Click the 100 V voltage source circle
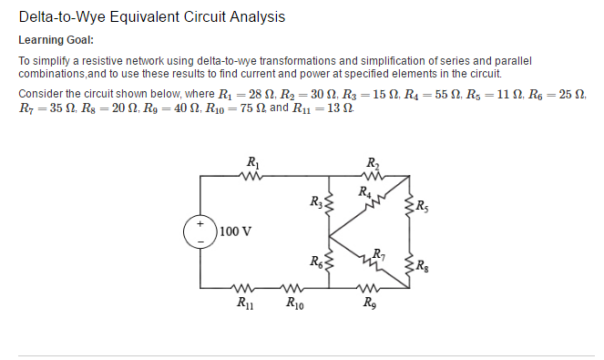tap(198, 231)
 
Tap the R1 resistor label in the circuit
tap(251, 164)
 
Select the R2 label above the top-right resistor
tap(372, 164)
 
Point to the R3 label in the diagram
tap(315, 202)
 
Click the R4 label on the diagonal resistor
tap(365, 191)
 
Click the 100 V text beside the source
tap(234, 231)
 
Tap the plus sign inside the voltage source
tap(198, 223)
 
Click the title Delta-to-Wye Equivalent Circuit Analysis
tap(151, 17)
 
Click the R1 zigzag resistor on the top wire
tap(252, 179)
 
